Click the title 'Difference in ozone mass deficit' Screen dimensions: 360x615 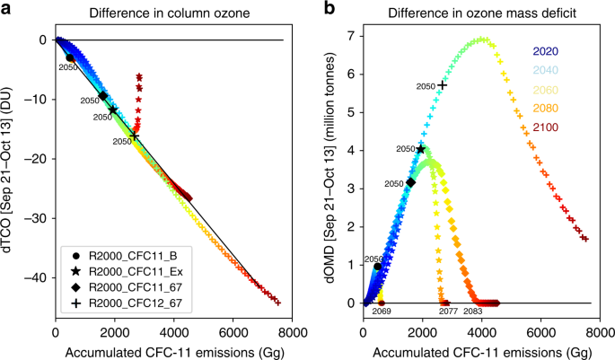pyautogui.click(x=477, y=12)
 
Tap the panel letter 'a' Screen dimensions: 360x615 pyautogui.click(x=7, y=8)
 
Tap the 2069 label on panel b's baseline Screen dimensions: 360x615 pyautogui.click(x=382, y=311)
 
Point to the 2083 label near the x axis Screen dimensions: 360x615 pyautogui.click(x=474, y=311)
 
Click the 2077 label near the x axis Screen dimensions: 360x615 pyautogui.click(x=440, y=311)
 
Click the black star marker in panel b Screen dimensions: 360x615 pyautogui.click(x=421, y=149)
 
